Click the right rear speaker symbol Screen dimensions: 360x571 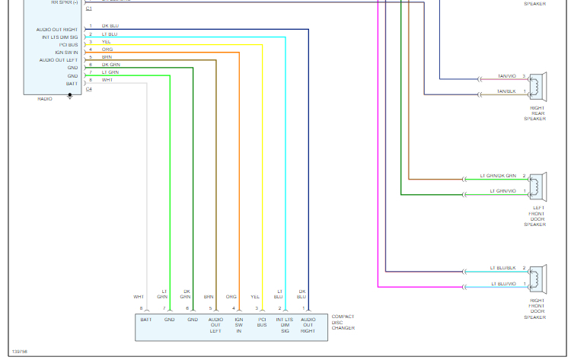tap(538, 85)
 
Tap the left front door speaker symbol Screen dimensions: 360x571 tap(538, 184)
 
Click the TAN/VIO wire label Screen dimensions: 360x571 tap(506, 77)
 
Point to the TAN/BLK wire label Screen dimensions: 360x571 tap(506, 91)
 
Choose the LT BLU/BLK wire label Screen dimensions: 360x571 tap(504, 268)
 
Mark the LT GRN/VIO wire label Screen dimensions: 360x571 tap(503, 190)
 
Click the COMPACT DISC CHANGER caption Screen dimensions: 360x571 tap(343, 322)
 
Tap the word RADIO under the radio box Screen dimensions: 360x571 tap(45, 99)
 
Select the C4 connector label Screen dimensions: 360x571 tap(89, 89)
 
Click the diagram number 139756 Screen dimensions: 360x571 tap(20, 352)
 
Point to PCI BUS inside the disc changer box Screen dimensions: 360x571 tap(262, 322)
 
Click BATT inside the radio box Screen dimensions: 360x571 tap(72, 83)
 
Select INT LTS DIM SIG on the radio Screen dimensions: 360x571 tap(60, 37)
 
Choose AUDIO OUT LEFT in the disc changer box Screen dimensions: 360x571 tap(215, 325)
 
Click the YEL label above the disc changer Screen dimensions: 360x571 tap(256, 297)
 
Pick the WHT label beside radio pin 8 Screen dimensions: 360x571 tap(107, 80)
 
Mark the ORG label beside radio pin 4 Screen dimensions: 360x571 tap(107, 49)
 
